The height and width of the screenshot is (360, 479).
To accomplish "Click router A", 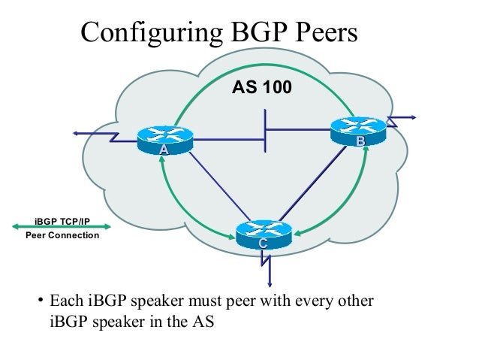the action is click(x=164, y=140).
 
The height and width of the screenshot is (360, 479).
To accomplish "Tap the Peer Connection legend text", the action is click(x=62, y=236).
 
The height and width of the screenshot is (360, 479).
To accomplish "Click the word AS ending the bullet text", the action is click(x=203, y=324).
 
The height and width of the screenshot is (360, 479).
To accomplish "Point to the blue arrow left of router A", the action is click(x=77, y=133).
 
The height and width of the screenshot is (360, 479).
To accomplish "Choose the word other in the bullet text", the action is click(x=353, y=304).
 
